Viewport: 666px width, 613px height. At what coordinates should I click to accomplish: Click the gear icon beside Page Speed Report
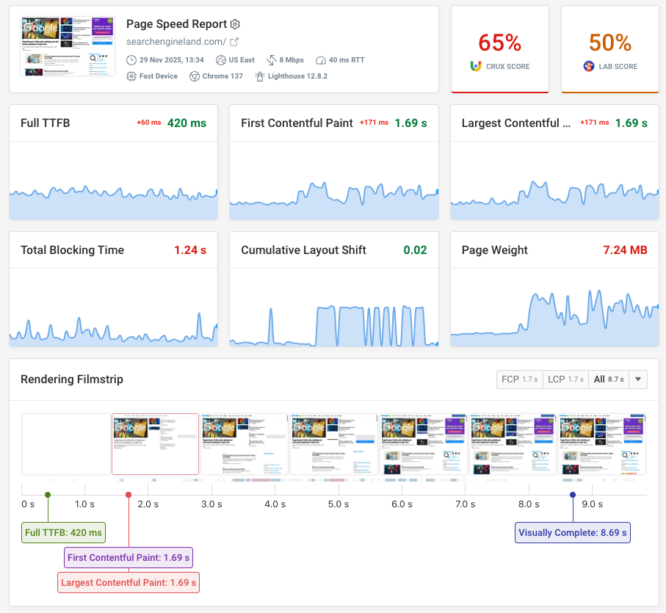point(235,24)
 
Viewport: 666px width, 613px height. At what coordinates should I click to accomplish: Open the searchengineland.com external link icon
point(234,42)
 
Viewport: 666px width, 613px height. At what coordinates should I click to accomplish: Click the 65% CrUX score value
point(499,43)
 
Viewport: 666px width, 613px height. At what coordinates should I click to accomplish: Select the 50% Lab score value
point(609,43)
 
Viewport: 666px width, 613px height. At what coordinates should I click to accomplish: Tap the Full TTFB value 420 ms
point(187,123)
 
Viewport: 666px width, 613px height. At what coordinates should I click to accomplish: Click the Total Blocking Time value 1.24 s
point(190,250)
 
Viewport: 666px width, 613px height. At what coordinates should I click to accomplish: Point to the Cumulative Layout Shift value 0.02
point(415,250)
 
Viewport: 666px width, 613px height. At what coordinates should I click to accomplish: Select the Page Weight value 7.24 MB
point(625,250)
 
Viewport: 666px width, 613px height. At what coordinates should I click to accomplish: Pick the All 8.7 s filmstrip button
point(608,380)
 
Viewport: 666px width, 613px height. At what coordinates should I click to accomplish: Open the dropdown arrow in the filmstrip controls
point(637,380)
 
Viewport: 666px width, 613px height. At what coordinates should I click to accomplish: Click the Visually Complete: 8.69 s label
point(572,532)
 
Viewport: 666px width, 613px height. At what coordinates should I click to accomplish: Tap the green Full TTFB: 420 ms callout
point(64,532)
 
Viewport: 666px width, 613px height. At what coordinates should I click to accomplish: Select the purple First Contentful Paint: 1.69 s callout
point(129,558)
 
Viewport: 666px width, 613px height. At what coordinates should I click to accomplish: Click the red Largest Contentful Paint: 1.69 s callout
point(129,583)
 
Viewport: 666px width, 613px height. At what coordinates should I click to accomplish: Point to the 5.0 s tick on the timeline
point(339,504)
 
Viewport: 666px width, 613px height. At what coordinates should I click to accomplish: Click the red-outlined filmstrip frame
point(155,444)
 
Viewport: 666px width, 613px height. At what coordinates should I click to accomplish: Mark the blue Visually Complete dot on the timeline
point(573,495)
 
